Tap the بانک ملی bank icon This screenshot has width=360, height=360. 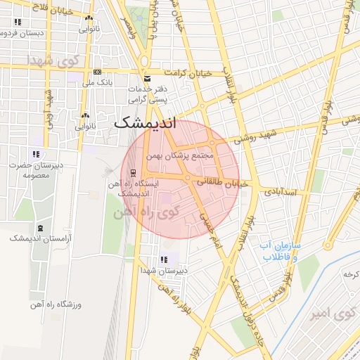point(97,72)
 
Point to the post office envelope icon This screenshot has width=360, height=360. point(146,78)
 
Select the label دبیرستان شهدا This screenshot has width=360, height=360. point(164,269)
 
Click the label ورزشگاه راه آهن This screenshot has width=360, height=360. point(56,304)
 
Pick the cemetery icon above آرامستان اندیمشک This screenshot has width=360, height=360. point(39,229)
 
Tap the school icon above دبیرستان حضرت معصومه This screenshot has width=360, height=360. point(36,154)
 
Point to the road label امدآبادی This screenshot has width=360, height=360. point(281,191)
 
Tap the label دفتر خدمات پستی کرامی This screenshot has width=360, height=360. point(148,96)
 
